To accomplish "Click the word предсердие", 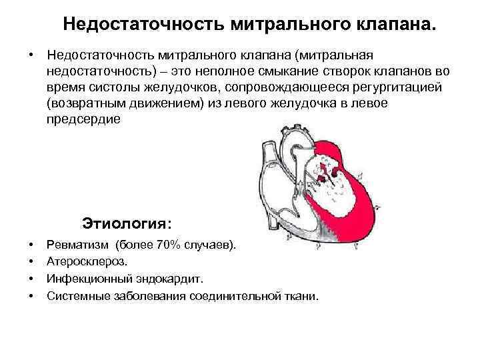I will click(x=84, y=120).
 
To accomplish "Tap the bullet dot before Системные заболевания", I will click(x=32, y=295).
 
